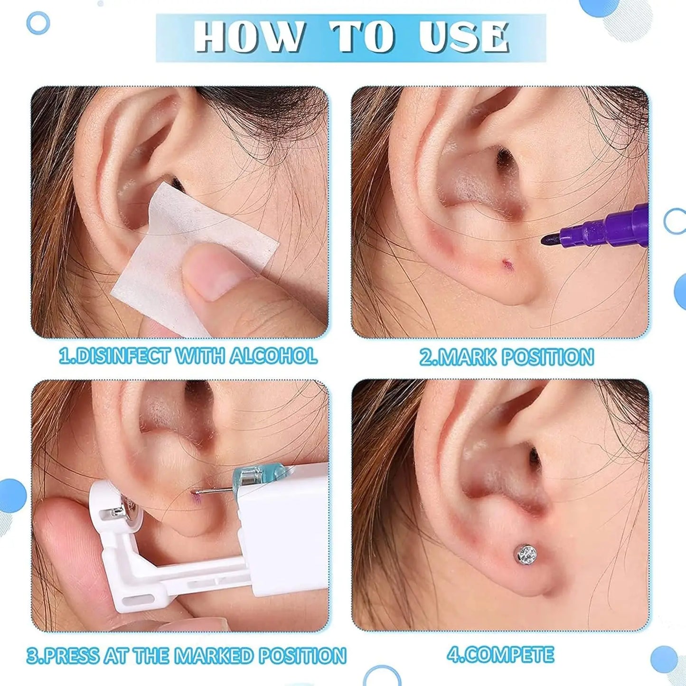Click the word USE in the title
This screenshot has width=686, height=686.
click(x=464, y=37)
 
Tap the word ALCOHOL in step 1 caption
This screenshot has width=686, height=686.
click(x=273, y=356)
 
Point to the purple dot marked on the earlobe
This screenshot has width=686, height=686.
click(x=506, y=262)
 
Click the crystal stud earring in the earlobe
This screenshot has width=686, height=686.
click(x=525, y=554)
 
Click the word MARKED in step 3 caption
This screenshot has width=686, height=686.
click(x=213, y=656)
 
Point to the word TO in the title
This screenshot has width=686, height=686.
click(x=363, y=37)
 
